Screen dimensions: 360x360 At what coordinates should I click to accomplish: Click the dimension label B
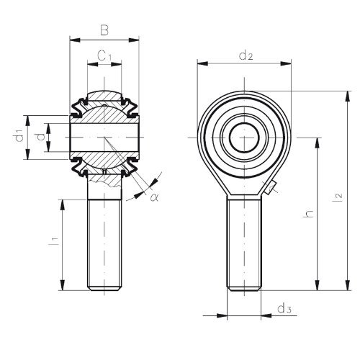click(x=104, y=30)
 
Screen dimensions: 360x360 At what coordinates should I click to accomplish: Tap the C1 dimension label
click(x=104, y=56)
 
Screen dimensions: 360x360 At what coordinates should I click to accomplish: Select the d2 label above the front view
click(x=246, y=55)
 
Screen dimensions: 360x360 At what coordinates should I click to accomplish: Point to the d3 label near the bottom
click(x=284, y=308)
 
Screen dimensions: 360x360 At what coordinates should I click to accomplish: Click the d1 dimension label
click(x=19, y=135)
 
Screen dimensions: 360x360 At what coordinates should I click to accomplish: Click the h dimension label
click(x=308, y=214)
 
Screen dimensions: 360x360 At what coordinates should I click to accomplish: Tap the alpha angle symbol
click(x=154, y=197)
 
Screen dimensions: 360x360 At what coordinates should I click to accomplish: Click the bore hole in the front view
click(x=244, y=138)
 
